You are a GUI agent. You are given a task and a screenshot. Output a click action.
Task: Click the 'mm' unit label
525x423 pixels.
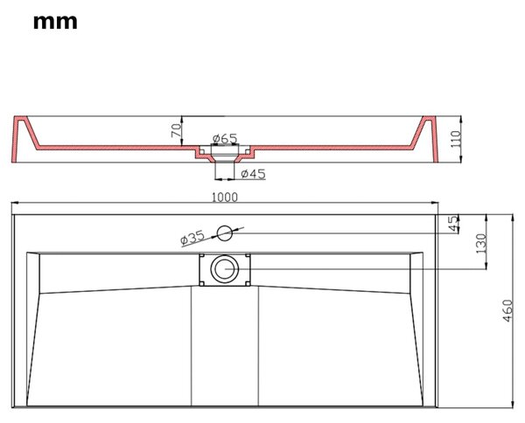pos(55,23)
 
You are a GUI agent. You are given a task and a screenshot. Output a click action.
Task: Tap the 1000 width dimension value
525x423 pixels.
pos(225,198)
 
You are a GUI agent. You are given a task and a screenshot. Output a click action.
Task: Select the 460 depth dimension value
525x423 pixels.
pos(507,310)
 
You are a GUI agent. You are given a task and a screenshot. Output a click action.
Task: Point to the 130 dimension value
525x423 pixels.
pos(480,244)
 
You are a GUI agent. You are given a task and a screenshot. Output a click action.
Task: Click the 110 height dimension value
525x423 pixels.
pos(456,140)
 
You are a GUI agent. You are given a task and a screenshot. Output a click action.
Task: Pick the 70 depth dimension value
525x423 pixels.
pos(177,130)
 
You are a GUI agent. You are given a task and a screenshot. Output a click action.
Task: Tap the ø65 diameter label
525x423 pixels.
pos(225,138)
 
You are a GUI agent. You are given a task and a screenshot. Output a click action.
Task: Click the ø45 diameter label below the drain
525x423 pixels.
pos(254,174)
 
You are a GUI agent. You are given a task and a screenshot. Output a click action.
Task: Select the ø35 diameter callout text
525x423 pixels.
pos(192,238)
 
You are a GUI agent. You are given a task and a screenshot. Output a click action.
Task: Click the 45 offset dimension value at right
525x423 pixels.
pos(453,224)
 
